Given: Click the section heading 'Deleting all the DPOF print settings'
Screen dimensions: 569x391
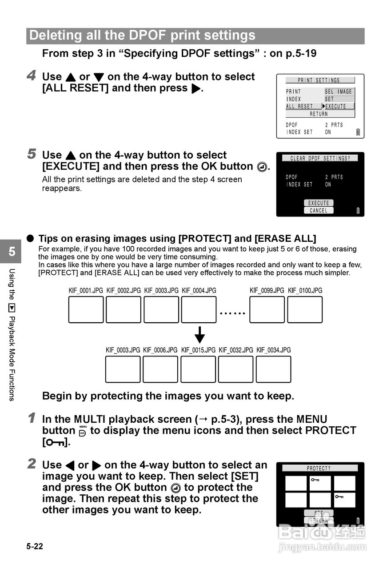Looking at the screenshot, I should click(x=142, y=36).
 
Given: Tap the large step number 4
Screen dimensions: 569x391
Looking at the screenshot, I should click(x=32, y=76).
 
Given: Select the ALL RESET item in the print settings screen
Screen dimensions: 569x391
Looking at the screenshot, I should click(x=299, y=107).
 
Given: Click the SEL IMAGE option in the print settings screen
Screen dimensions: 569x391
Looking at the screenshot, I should click(x=338, y=92).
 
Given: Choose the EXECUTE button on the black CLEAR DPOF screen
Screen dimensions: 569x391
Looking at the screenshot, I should click(x=319, y=203).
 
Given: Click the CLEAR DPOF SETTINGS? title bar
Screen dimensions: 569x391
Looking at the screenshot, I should click(x=320, y=158).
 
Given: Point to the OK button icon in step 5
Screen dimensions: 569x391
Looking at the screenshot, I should click(x=262, y=167).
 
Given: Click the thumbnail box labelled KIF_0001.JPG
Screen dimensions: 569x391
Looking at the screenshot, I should click(x=86, y=309).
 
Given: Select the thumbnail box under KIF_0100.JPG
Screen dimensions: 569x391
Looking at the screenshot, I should click(x=305, y=309).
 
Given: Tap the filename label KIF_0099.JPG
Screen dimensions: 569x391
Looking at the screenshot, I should click(x=267, y=291).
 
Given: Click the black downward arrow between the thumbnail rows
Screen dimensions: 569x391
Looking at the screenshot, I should click(x=200, y=335).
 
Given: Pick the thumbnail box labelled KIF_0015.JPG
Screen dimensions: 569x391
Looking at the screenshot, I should click(x=198, y=369).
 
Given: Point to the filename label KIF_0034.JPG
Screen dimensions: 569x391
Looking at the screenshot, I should click(x=274, y=350).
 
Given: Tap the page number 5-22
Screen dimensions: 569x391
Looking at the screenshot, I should click(x=35, y=546).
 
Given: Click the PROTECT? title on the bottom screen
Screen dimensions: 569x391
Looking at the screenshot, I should click(x=319, y=469).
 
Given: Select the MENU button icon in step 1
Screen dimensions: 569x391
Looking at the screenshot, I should click(x=83, y=431).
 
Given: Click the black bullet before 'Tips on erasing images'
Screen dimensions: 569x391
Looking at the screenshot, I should click(x=30, y=238).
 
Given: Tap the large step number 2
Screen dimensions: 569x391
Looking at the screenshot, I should click(x=32, y=464).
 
